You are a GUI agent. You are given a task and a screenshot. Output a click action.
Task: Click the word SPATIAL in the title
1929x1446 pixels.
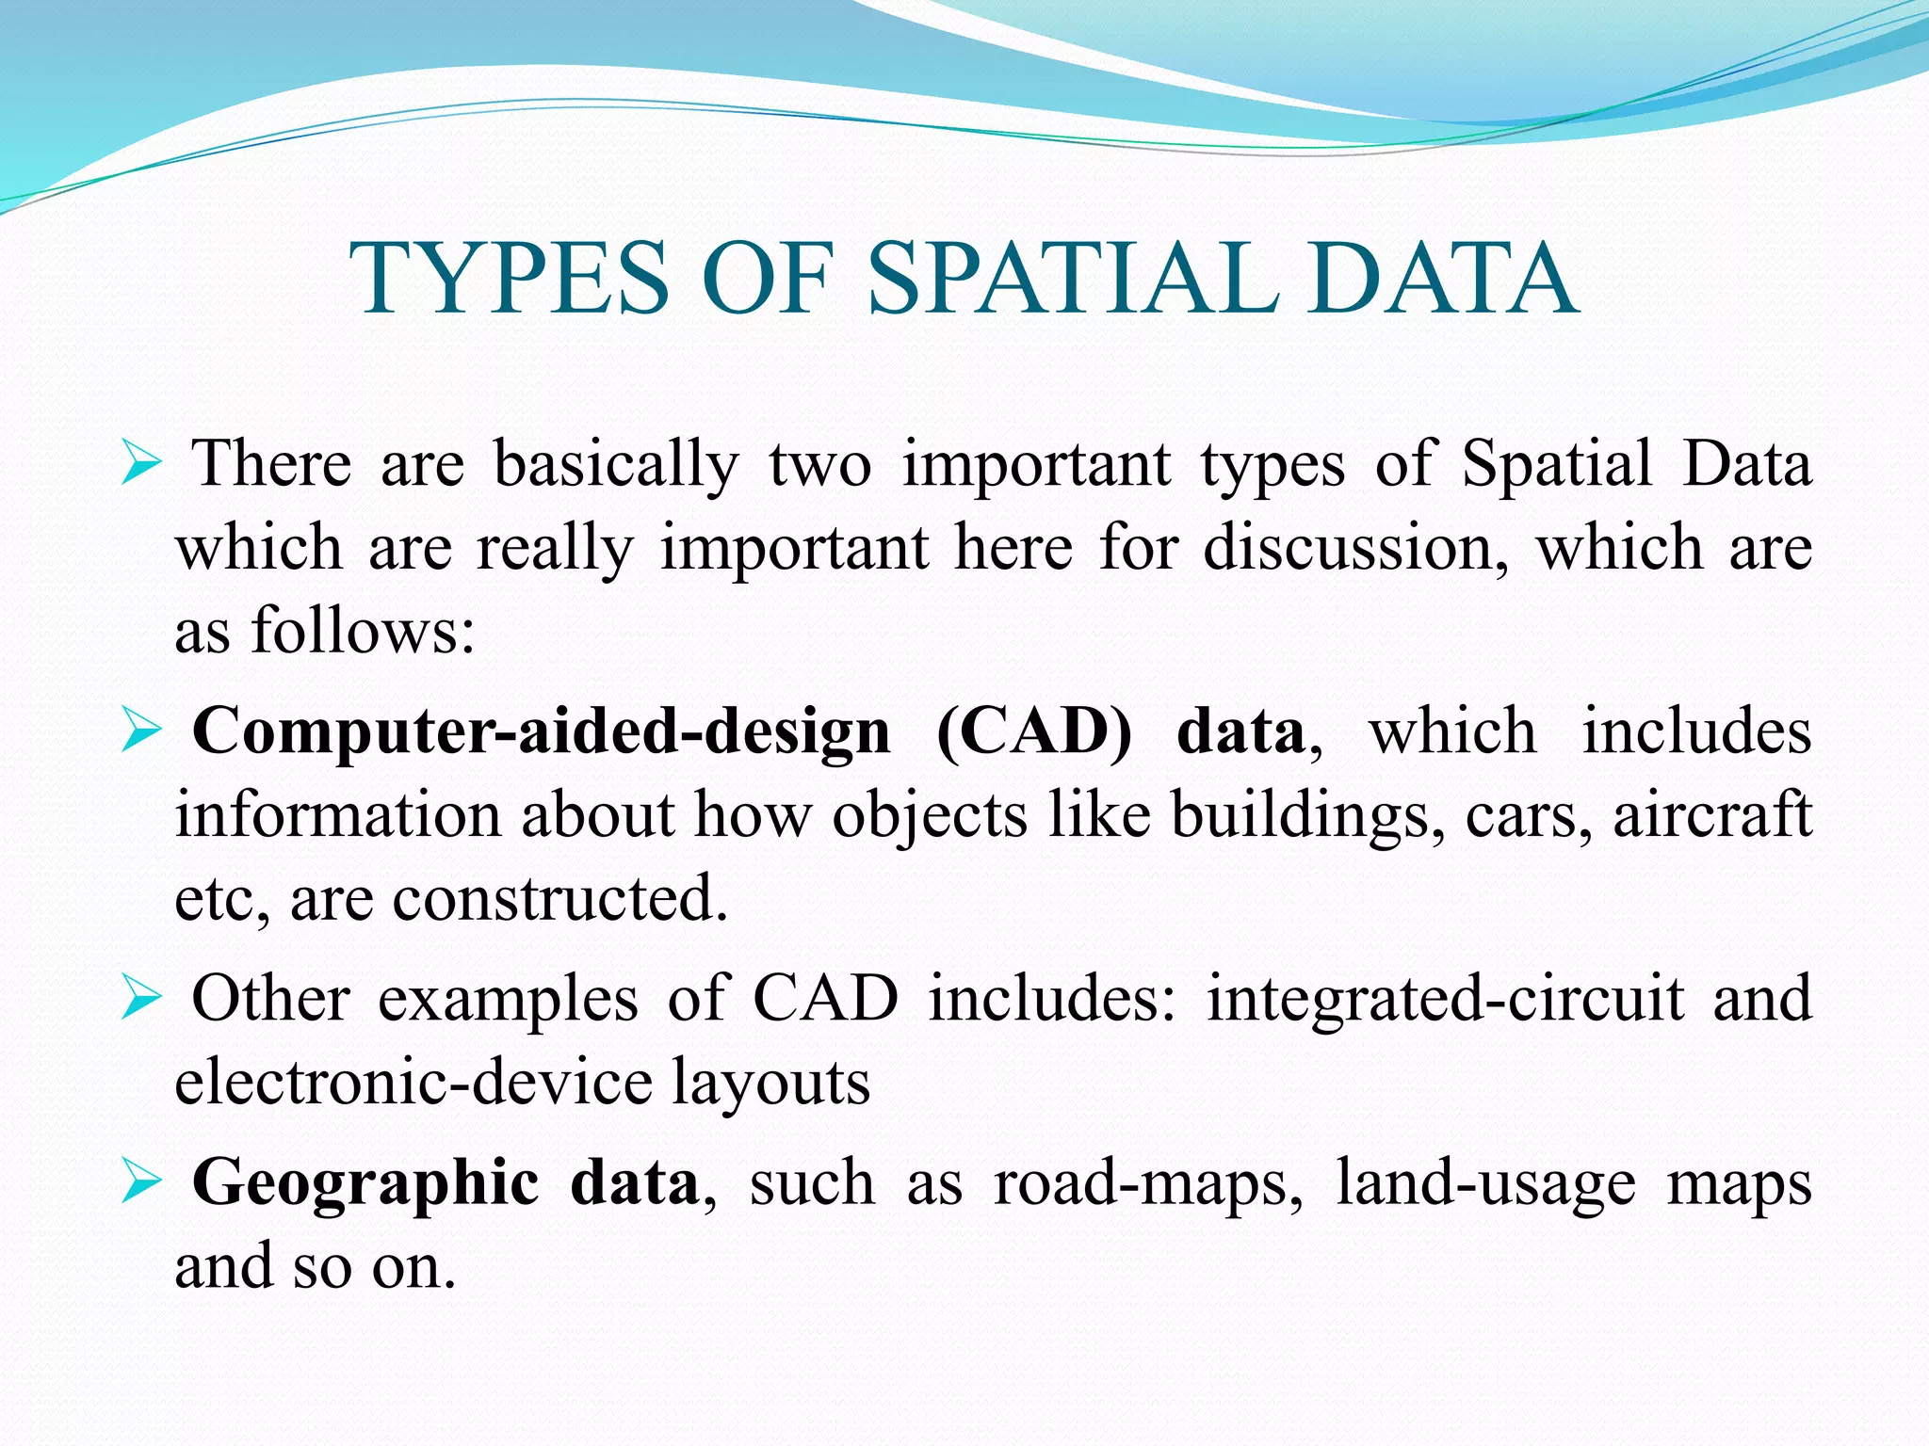(x=1073, y=279)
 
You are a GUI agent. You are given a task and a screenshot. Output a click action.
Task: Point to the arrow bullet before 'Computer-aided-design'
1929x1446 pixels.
(x=142, y=732)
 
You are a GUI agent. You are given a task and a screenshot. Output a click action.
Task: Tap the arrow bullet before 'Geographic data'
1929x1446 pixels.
(x=142, y=1183)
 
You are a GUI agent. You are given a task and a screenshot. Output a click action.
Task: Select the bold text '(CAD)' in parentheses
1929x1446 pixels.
(x=1033, y=732)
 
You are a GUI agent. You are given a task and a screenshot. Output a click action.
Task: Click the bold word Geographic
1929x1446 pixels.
(x=365, y=1184)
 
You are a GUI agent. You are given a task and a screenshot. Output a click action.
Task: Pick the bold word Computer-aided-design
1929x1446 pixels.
(x=541, y=732)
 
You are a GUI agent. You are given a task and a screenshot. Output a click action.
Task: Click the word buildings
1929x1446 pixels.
(x=1306, y=815)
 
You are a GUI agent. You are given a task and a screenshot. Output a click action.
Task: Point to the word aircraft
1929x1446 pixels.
(x=1711, y=815)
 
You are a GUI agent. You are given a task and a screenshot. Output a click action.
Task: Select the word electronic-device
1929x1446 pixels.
(x=414, y=1083)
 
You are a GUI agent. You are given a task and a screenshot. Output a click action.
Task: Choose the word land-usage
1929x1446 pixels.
(x=1485, y=1184)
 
